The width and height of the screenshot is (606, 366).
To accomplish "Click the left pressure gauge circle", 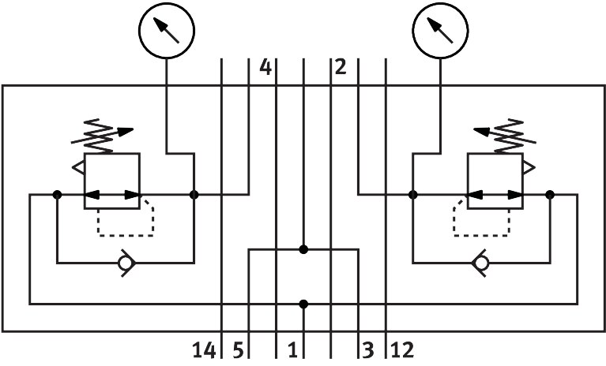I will [166, 32].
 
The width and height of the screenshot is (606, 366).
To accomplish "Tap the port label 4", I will [265, 69].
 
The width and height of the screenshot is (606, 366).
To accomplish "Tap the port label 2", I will [340, 69].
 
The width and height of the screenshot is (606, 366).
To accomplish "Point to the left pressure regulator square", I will [111, 181].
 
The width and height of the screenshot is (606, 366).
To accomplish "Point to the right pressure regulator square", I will [495, 181].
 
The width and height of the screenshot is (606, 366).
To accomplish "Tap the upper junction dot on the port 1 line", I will [303, 249].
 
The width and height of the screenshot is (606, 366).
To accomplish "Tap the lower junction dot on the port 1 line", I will [303, 304].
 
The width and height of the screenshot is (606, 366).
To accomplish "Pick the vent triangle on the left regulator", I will [78, 167].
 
